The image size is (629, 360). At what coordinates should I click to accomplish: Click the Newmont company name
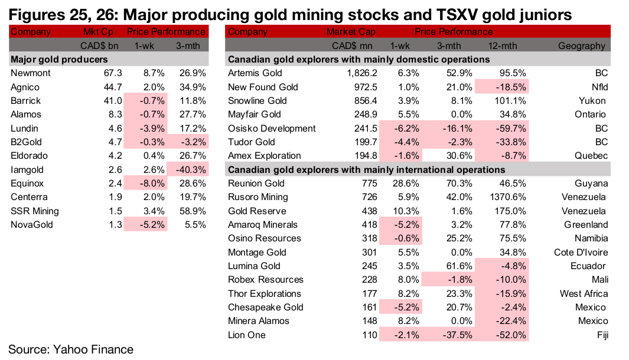coord(30,73)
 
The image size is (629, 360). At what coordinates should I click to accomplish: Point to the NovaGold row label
coord(31,224)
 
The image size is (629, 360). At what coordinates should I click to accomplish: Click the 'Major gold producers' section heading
coord(59,60)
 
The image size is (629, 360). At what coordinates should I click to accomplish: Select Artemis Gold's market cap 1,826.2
coord(356,73)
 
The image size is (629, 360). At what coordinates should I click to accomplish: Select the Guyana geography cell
coord(591,184)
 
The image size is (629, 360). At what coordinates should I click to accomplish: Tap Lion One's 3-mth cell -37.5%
coord(449,335)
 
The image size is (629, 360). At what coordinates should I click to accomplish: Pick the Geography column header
coord(581,45)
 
